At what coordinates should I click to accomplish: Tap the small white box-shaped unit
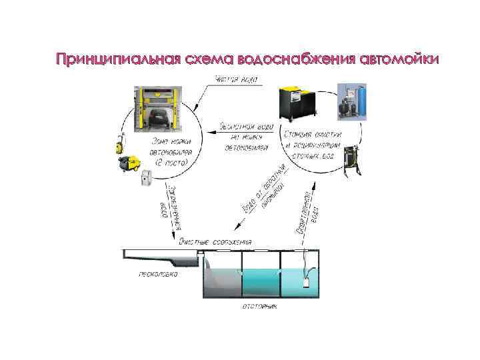[147, 177]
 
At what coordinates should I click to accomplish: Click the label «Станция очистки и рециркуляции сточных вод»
[313, 143]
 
